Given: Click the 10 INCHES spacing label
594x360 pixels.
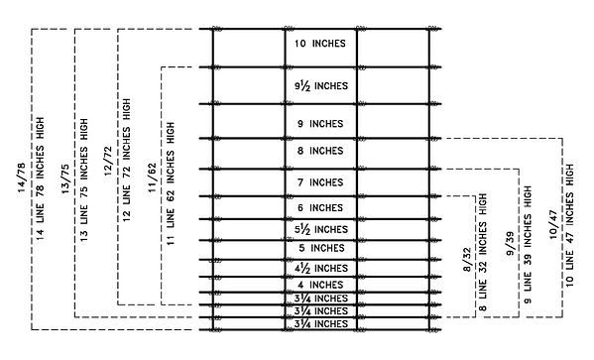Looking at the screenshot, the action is (x=319, y=44).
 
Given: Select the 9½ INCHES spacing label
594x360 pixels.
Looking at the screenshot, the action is (x=319, y=86).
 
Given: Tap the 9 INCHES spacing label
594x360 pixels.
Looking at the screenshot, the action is (x=319, y=124).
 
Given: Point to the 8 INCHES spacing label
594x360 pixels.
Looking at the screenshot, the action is (x=319, y=152).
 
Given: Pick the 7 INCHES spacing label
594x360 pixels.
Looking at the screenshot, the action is (x=319, y=182).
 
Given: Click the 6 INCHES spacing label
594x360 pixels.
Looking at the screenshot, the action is (x=319, y=207).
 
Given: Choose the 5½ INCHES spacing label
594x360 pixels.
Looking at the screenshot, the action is (x=319, y=229).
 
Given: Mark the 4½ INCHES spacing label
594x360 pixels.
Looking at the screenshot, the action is (x=319, y=268).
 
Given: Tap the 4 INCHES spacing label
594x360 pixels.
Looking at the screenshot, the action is (x=319, y=285).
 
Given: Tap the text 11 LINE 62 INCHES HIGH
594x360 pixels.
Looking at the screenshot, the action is (x=171, y=184).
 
